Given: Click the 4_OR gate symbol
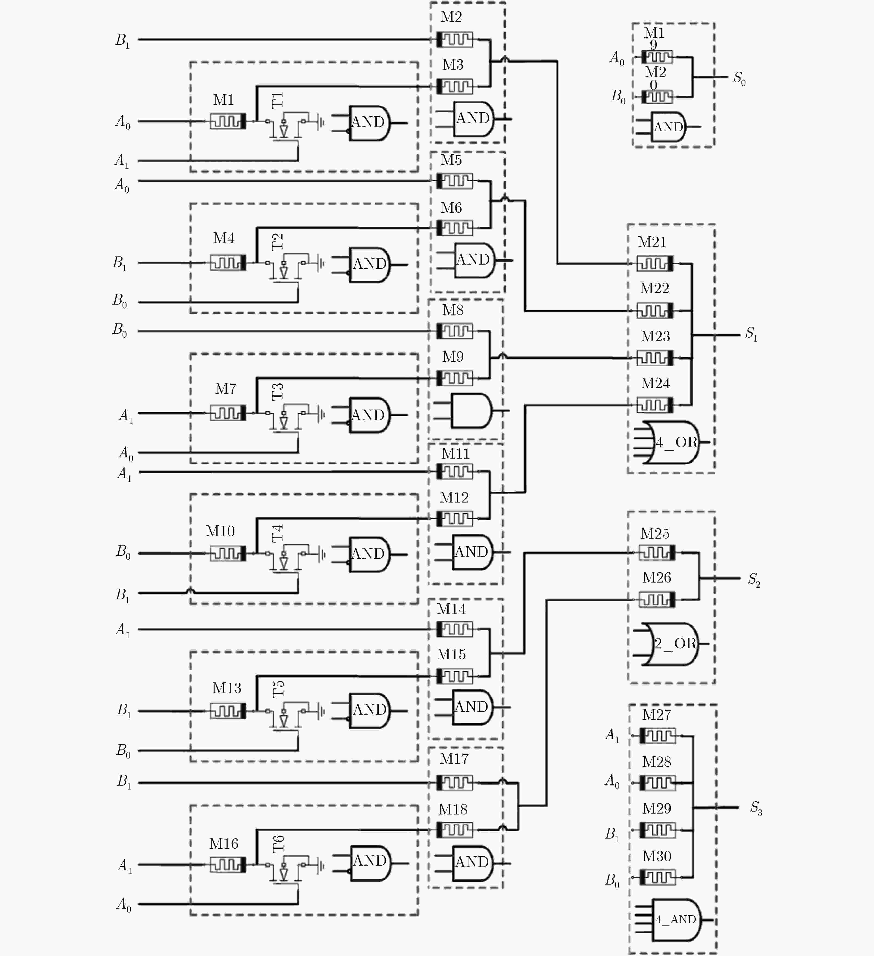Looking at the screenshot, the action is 673,442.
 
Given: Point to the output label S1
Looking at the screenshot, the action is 751,334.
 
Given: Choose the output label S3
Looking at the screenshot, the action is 756,807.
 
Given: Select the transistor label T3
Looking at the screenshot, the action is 278,391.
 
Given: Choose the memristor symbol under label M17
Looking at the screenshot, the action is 454,782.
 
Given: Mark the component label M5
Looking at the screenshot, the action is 451,160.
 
